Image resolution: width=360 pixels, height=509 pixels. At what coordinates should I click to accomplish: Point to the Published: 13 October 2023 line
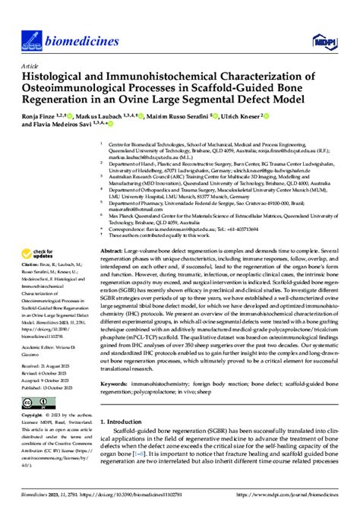[52, 387]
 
